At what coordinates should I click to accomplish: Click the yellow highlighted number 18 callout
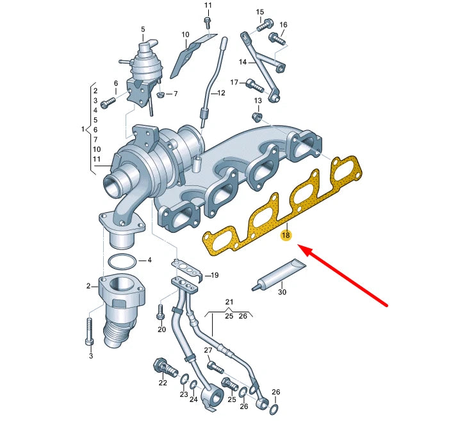point(286,235)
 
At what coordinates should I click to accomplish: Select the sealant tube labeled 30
point(279,274)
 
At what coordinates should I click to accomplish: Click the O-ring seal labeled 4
point(122,262)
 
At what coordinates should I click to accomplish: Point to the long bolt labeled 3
point(90,331)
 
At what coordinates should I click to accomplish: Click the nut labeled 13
point(256,117)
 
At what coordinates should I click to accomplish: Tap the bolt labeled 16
point(277,38)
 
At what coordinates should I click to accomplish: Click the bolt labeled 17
point(255,85)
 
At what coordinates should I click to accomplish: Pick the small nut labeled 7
point(161,94)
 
